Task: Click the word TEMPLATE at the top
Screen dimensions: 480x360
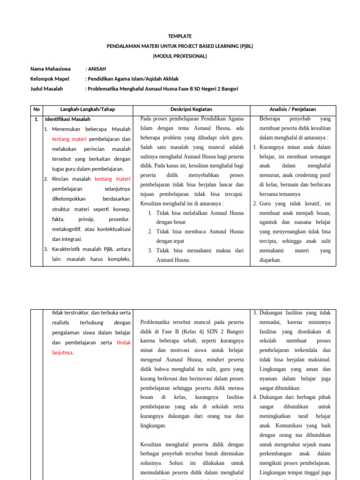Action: [x=180, y=36]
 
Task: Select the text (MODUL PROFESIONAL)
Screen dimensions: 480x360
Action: [x=180, y=56]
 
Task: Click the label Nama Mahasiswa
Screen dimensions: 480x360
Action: [x=51, y=69]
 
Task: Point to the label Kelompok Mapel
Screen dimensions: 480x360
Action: [x=50, y=79]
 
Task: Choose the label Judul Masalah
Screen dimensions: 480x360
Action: [x=46, y=89]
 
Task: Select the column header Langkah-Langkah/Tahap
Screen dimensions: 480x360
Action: [x=88, y=109]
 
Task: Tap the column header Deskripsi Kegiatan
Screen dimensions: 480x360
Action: [x=192, y=109]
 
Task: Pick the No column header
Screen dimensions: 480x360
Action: [x=36, y=109]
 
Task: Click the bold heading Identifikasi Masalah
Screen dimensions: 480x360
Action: [x=68, y=119]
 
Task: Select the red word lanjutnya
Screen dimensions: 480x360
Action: [x=63, y=352]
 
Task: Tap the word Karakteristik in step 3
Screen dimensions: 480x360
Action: [x=67, y=249]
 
